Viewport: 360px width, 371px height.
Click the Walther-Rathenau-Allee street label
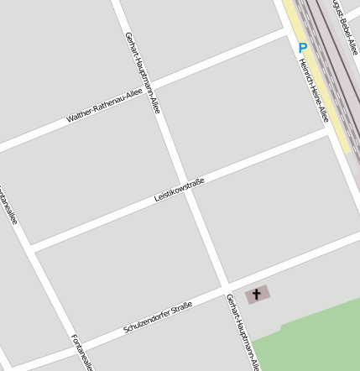[105, 107]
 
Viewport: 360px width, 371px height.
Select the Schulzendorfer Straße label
[158, 315]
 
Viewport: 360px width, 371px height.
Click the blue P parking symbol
[303, 49]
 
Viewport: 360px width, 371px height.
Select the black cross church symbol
[257, 295]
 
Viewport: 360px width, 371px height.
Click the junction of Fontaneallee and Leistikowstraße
[30, 248]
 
